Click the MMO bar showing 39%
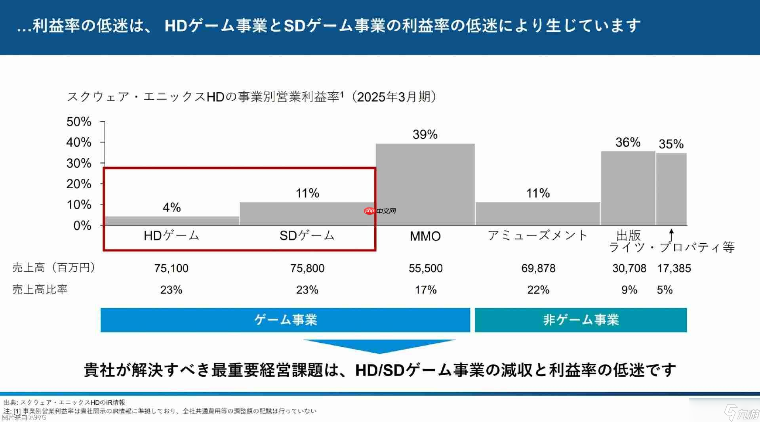click(x=425, y=184)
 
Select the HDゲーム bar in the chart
click(x=172, y=221)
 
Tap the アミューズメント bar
click(x=538, y=214)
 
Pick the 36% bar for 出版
click(x=628, y=188)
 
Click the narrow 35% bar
click(x=671, y=189)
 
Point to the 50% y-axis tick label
click(x=79, y=122)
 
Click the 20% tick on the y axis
click(x=79, y=184)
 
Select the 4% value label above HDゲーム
click(x=171, y=207)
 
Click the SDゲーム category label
click(x=307, y=236)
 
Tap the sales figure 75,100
click(x=171, y=268)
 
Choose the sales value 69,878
click(x=538, y=268)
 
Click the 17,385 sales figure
click(x=674, y=268)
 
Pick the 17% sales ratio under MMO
click(x=425, y=290)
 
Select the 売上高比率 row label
click(x=40, y=289)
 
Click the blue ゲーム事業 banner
click(x=285, y=320)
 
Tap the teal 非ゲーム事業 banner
click(x=581, y=320)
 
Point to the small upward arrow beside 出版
click(x=671, y=235)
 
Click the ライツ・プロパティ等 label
click(x=672, y=248)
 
